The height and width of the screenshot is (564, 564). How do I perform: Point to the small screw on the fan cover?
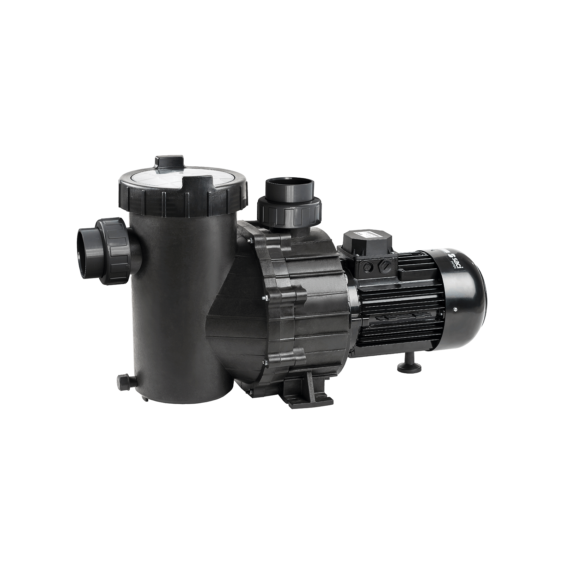(x=455, y=310)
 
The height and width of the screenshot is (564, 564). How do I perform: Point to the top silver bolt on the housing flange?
(x=250, y=241)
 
